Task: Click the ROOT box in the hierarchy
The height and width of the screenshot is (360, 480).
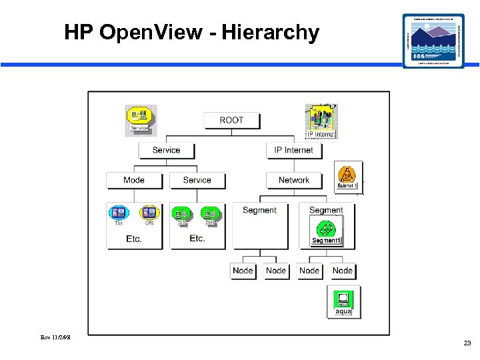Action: click(x=231, y=120)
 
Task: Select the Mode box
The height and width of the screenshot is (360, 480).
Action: click(x=134, y=180)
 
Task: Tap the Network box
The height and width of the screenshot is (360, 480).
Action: click(x=293, y=180)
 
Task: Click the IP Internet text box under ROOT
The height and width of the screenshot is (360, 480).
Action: click(x=293, y=150)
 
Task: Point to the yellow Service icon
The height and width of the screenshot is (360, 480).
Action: click(x=140, y=119)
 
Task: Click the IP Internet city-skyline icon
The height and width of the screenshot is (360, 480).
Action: click(x=321, y=120)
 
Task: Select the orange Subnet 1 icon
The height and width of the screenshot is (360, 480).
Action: click(x=347, y=177)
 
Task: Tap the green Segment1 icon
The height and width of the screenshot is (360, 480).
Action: click(x=326, y=230)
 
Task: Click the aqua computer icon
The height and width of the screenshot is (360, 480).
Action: click(x=343, y=301)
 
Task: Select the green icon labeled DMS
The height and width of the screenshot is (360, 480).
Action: click(x=210, y=214)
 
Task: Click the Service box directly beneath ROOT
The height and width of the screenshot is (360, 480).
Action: click(x=166, y=150)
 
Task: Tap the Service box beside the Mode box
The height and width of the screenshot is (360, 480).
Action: click(x=197, y=180)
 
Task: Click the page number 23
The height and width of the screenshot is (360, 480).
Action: click(x=467, y=343)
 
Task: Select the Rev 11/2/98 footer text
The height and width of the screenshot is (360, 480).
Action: click(x=55, y=337)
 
